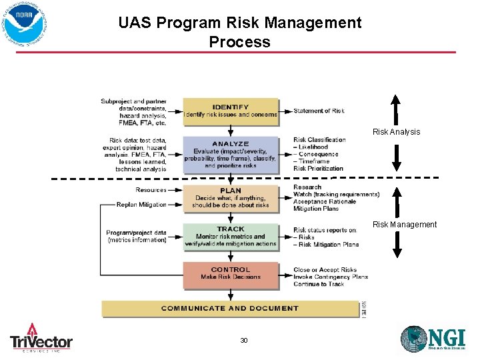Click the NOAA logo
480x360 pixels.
click(x=25, y=25)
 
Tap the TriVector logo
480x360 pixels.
click(x=41, y=337)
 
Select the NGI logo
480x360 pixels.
click(x=433, y=338)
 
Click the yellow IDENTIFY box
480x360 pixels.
click(x=231, y=111)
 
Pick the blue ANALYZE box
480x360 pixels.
click(x=231, y=154)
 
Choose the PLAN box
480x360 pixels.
click(x=231, y=198)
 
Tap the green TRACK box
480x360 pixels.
click(x=231, y=237)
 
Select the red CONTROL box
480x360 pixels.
click(x=231, y=274)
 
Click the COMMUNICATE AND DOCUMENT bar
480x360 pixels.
click(x=230, y=309)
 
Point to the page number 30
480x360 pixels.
click(x=244, y=341)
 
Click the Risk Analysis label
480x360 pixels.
click(x=396, y=132)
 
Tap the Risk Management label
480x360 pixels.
click(x=405, y=225)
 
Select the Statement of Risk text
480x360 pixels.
click(x=319, y=111)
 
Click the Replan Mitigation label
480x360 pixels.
click(x=141, y=205)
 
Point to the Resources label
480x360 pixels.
click(x=151, y=190)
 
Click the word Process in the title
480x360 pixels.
click(x=239, y=42)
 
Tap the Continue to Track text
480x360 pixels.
click(x=319, y=284)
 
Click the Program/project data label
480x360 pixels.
click(x=136, y=233)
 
